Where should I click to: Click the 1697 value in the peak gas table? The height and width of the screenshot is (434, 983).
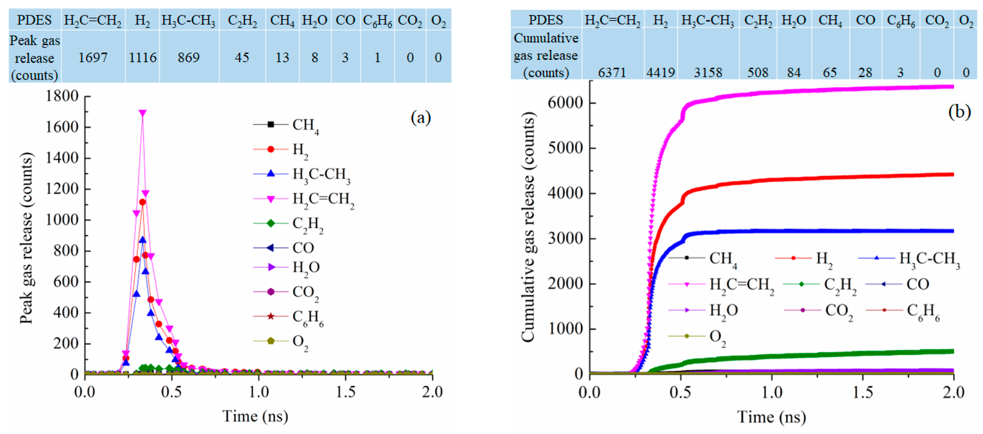point(93,58)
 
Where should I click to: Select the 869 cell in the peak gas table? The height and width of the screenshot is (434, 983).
point(189,58)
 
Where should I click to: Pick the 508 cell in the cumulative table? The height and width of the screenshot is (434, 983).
point(757,72)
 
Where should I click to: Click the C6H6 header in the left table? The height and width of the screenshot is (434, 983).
point(377,20)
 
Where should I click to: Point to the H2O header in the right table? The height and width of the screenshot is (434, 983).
point(794,20)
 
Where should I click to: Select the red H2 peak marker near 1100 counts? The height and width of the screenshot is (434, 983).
point(142,202)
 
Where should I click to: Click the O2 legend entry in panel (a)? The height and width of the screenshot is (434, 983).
point(300,341)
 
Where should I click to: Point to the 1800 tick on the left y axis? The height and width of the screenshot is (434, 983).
point(62,96)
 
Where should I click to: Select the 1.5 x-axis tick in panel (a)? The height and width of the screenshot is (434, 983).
point(345,392)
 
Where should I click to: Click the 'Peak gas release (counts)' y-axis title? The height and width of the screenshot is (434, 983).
point(26,238)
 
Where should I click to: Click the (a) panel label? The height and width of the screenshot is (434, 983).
point(421,118)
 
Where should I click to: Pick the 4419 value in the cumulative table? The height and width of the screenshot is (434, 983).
point(660,72)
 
